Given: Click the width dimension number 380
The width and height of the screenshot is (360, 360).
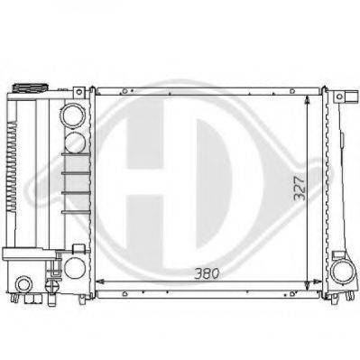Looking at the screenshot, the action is point(207,273).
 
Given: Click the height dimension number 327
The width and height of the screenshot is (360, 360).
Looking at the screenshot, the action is point(300,189).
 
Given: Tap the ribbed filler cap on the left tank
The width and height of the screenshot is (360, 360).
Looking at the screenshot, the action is point(30,88).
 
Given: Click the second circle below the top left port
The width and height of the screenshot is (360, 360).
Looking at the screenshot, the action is point(75,143).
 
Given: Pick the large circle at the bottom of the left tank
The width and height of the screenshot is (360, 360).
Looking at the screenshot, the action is point(75,268).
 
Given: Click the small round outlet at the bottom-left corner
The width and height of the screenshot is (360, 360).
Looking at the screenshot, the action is point(24,284).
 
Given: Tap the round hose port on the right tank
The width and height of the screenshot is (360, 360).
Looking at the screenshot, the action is point(342,272).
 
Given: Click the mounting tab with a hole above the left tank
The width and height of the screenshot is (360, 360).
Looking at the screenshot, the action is point(79,92).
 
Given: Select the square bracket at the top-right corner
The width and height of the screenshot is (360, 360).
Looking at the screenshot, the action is point(352,97).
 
